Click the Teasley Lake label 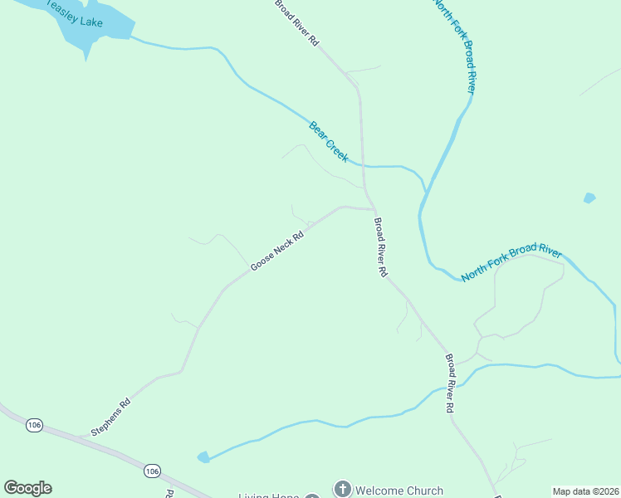[74, 13]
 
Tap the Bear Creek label [329, 141]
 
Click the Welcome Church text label [399, 491]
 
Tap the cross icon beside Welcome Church [341, 490]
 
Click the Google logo [27, 488]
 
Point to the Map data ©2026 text [585, 491]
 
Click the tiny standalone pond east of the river [589, 198]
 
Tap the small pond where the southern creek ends [203, 457]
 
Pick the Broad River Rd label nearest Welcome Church [449, 383]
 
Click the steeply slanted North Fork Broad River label [454, 46]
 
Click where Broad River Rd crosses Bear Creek [363, 165]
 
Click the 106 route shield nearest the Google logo [34, 425]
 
